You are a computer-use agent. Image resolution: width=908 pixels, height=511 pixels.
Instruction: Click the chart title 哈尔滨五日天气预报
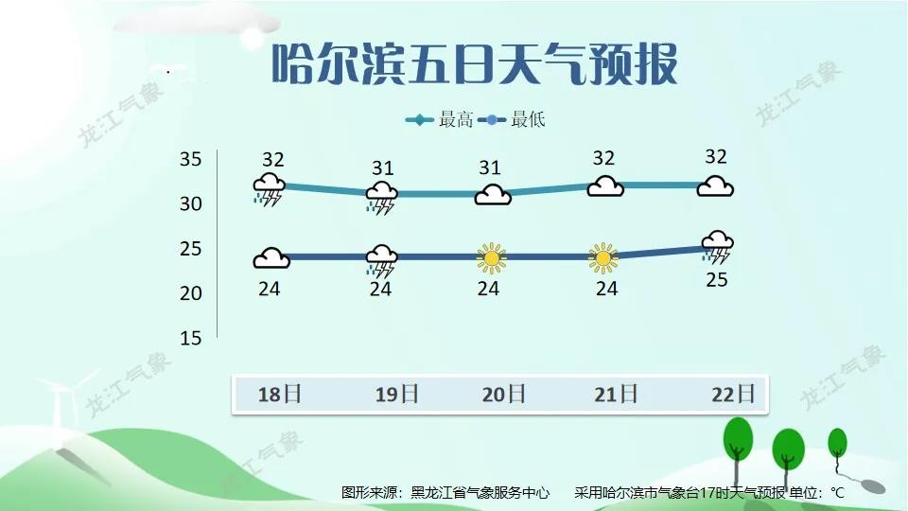474,63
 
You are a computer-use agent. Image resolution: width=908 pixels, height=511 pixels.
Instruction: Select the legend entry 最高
456,120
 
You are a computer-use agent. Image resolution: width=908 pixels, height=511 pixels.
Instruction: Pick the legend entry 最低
528,120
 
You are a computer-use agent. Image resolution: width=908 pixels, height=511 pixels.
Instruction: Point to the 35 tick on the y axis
190,159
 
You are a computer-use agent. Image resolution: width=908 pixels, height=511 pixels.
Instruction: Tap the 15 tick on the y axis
190,338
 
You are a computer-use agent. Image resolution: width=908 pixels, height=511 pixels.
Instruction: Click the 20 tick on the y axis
190,293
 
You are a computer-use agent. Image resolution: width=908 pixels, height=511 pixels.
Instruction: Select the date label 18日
280,395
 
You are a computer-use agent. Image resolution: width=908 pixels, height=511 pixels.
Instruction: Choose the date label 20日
504,395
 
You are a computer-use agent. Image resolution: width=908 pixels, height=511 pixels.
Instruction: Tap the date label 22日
733,395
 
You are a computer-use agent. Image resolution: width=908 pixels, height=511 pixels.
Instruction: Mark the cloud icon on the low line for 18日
271,257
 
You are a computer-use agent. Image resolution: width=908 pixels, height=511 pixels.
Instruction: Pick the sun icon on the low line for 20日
492,257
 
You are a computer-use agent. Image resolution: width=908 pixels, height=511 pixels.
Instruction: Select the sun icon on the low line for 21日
603,257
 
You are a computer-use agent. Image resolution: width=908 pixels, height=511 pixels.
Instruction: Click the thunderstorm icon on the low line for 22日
718,247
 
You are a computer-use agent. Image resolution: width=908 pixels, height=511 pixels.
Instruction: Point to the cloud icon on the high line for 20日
493,195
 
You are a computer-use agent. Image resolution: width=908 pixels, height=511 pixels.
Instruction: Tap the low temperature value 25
716,280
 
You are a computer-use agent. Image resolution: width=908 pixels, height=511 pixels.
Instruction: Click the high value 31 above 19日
383,168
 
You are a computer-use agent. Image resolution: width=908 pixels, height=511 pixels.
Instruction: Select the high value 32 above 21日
603,158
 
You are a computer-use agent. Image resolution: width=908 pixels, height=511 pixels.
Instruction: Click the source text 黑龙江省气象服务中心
480,493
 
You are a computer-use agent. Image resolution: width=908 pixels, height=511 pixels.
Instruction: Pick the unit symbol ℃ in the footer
837,493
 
